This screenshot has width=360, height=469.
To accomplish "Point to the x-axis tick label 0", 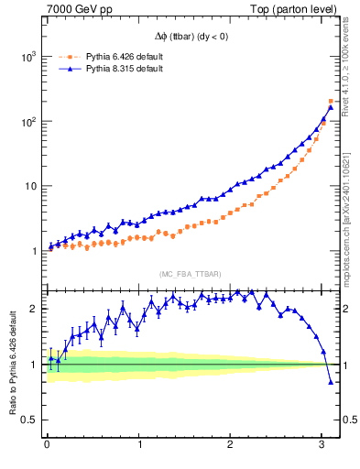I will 47,445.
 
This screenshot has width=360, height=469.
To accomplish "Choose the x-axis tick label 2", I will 231,445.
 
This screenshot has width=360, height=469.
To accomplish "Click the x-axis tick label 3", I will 322,445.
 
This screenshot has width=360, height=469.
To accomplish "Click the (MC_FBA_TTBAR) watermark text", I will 190,274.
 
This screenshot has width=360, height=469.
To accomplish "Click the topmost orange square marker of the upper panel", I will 331,101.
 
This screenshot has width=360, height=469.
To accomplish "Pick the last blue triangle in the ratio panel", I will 331,382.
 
